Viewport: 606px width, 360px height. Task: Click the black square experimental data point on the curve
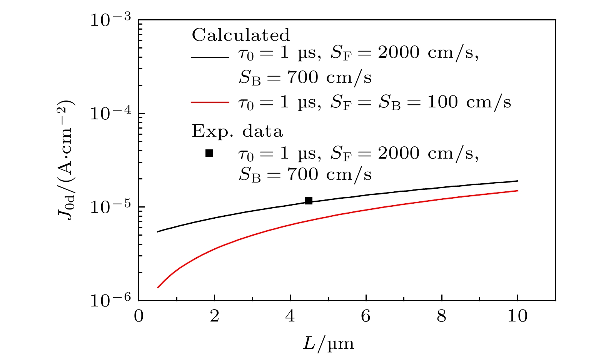[x=309, y=201]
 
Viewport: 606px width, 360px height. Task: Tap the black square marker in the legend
[x=209, y=153]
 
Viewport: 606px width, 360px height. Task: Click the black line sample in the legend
[x=210, y=57]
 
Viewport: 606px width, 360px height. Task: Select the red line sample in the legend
[x=210, y=102]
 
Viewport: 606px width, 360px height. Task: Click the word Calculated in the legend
[x=241, y=35]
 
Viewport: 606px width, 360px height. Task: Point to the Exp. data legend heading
[x=237, y=131]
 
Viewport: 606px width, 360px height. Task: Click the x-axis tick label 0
[x=139, y=316]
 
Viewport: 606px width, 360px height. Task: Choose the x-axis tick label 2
[x=214, y=316]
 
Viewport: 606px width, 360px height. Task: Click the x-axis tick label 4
[x=290, y=316]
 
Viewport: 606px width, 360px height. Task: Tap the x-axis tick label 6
[x=366, y=316]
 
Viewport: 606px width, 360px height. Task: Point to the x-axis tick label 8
[x=442, y=316]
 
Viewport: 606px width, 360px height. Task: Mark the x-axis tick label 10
[x=518, y=316]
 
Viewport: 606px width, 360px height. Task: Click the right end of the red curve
[x=518, y=191]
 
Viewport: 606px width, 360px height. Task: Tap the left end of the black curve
[x=158, y=232]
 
